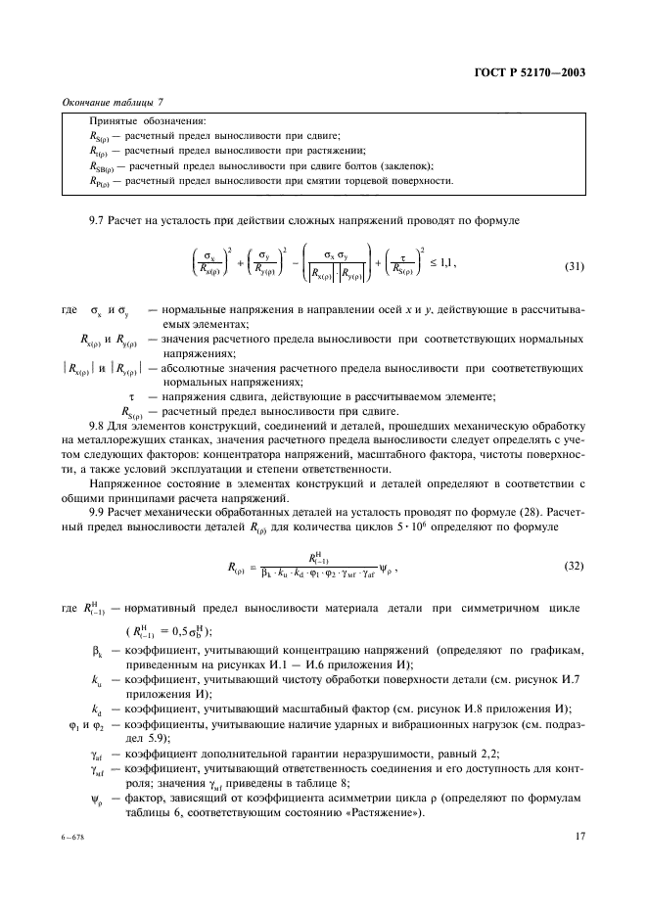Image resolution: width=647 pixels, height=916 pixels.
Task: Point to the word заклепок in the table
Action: click(403, 166)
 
